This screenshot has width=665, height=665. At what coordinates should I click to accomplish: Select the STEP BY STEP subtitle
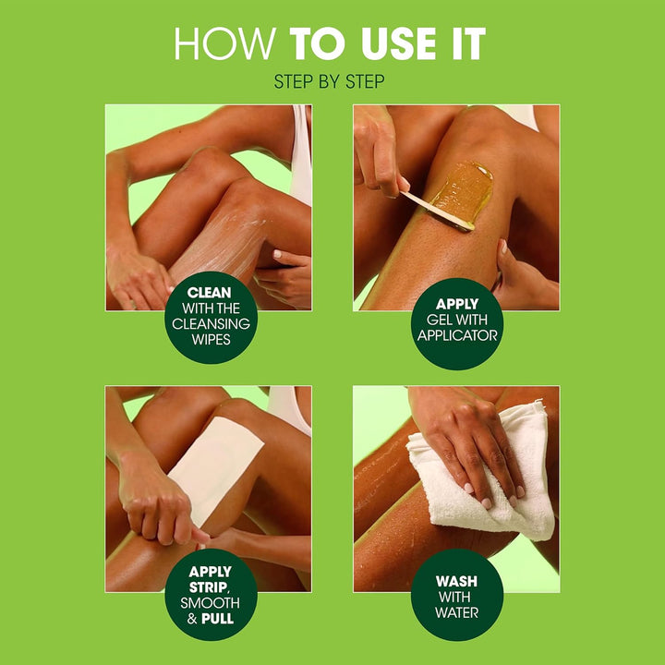coord(330,82)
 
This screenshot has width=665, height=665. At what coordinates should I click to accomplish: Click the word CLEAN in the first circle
coord(209,291)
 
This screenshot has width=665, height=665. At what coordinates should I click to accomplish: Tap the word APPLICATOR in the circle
coord(457,334)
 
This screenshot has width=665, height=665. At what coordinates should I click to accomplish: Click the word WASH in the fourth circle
coord(456,582)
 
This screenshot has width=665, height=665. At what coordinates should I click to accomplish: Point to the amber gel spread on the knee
coord(462,189)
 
